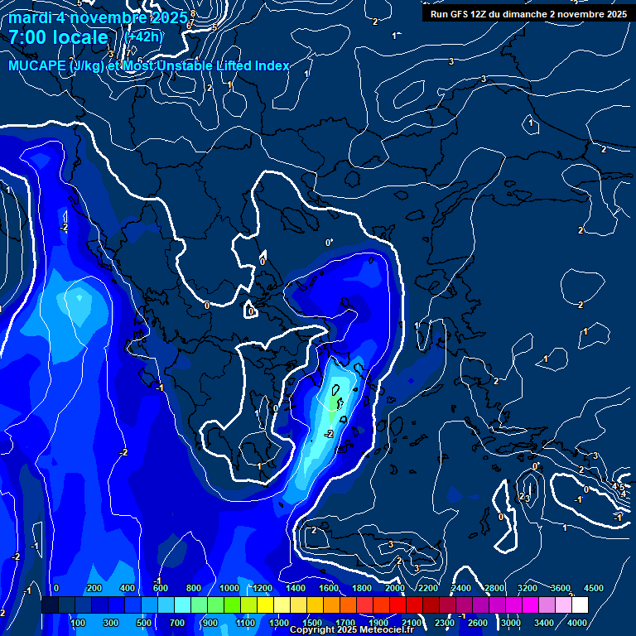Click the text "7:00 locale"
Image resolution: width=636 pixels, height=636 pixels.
[58, 37]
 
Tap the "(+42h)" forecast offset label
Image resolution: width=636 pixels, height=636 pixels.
[143, 36]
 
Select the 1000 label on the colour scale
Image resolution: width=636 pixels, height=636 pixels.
[229, 588]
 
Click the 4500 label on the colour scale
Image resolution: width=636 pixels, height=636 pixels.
[594, 588]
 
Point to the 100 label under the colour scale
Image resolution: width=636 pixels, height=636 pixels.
[79, 622]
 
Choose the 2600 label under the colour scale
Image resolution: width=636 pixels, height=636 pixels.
[478, 622]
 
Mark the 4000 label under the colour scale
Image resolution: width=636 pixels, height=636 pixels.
[577, 622]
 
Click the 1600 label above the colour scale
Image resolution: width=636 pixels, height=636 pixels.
[329, 588]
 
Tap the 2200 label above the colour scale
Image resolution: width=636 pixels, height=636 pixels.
[428, 588]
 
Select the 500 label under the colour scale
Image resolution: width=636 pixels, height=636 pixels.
[143, 622]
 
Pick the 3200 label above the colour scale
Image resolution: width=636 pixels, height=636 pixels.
[528, 588]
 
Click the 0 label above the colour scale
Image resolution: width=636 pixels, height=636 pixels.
[56, 588]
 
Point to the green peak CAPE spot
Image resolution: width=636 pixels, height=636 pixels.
[335, 402]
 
